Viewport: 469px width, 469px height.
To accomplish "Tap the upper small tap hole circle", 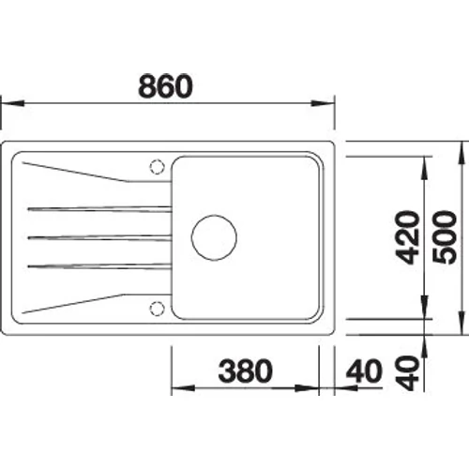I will click(157, 166).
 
